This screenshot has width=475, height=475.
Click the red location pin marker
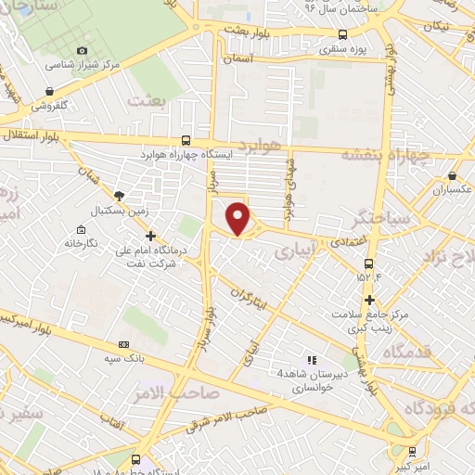click(x=239, y=218)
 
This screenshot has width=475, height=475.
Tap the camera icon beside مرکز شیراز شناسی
click(x=83, y=50)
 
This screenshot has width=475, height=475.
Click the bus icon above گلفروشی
click(x=48, y=91)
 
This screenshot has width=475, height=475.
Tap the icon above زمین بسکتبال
click(x=119, y=195)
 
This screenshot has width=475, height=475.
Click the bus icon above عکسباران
click(x=452, y=174)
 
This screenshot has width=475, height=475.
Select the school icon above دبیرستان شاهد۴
click(x=312, y=359)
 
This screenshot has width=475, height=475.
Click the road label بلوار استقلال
click(x=30, y=136)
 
